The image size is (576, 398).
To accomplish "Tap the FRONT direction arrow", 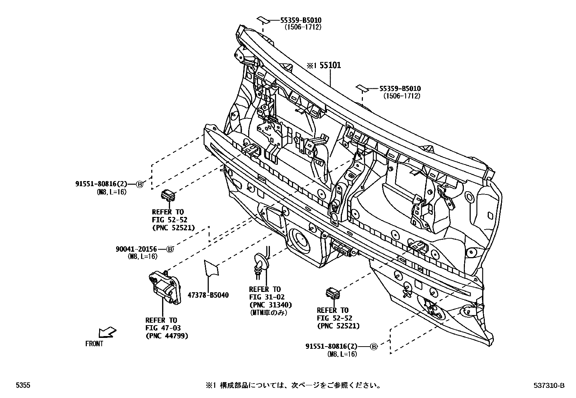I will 107,331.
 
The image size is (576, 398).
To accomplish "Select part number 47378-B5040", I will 208,295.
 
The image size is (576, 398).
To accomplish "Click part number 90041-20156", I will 136,249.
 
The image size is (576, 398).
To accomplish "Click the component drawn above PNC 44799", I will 165,288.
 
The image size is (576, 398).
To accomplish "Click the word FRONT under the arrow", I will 94,344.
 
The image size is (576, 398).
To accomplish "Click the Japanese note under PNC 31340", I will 268,313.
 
